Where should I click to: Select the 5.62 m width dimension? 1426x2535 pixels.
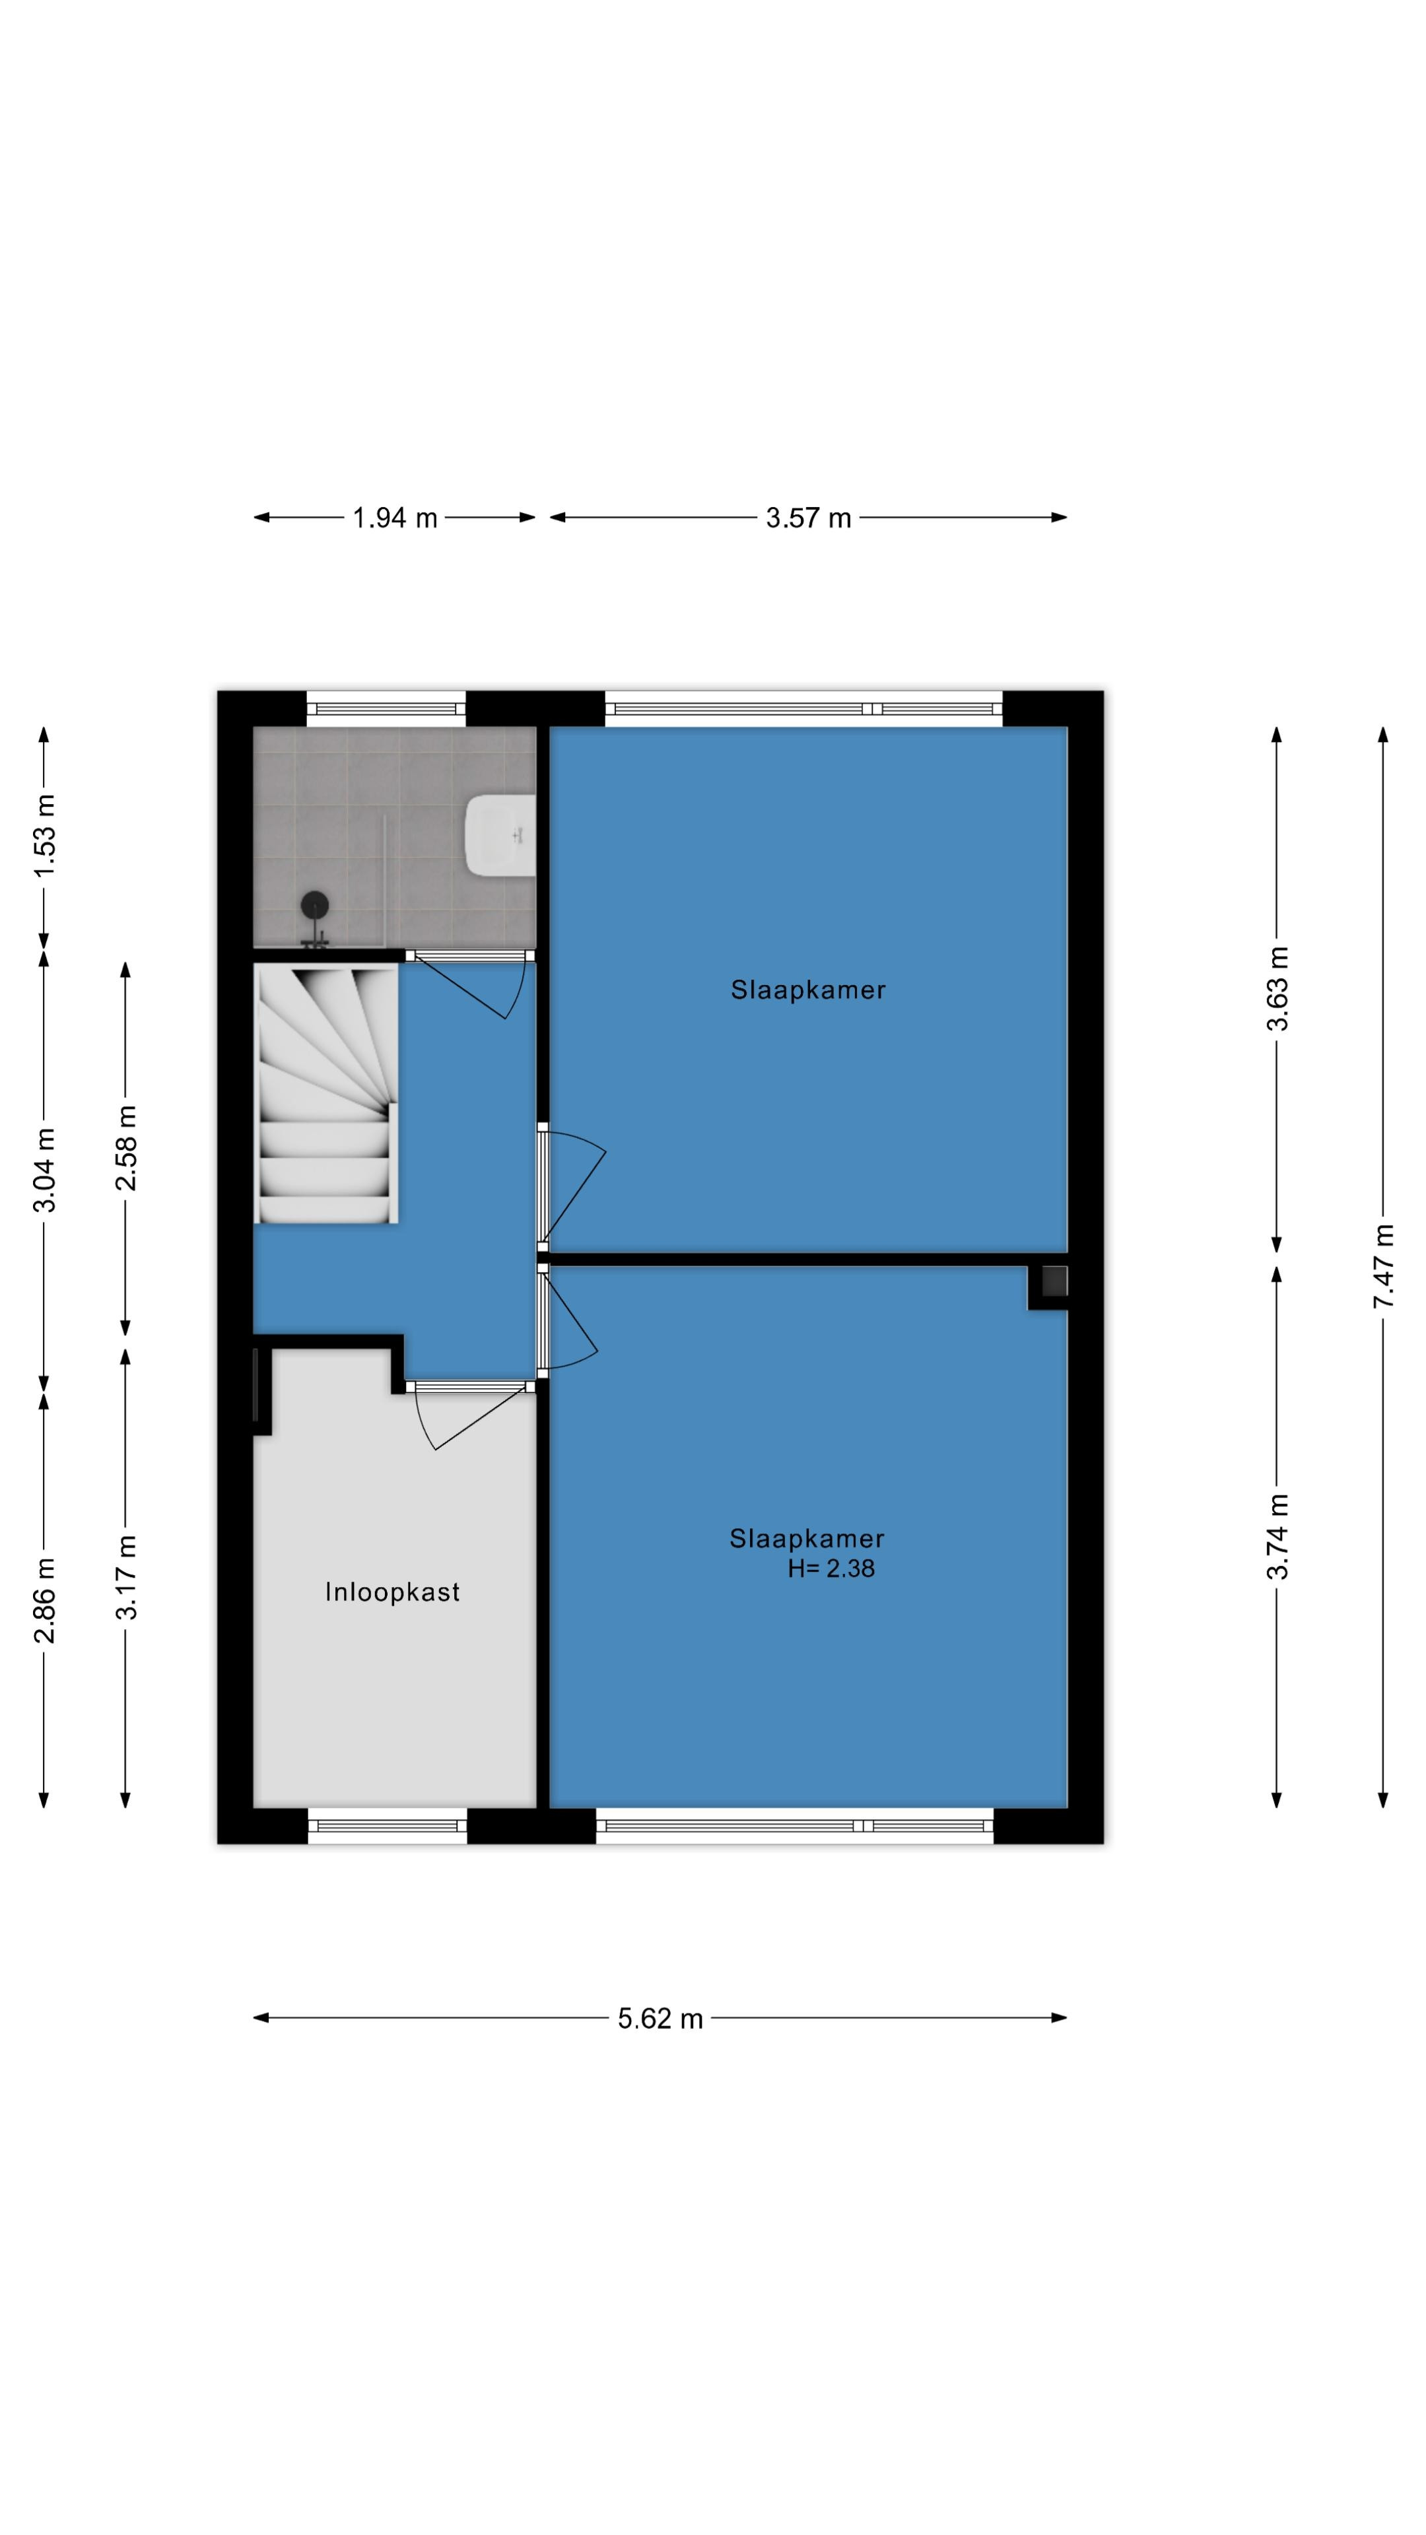(660, 2018)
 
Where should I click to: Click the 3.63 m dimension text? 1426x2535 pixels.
(1277, 988)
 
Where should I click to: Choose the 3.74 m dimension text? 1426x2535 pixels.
(1277, 1536)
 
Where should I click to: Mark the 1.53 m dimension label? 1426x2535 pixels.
(44, 836)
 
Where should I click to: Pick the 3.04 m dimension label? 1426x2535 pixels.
(44, 1170)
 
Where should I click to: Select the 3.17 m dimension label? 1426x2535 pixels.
(126, 1578)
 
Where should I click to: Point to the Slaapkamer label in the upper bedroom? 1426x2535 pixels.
(808, 990)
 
